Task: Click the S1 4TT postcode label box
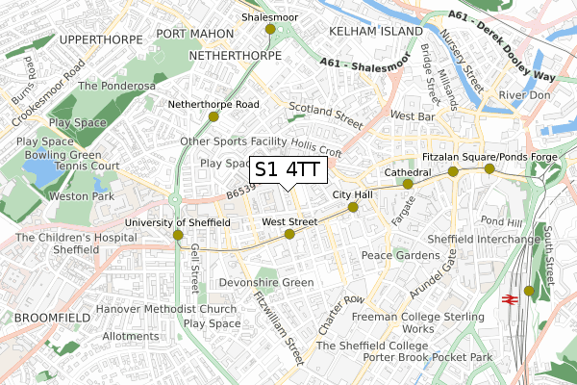click(x=288, y=169)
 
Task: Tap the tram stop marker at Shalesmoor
click(x=269, y=30)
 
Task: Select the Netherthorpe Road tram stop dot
click(x=213, y=116)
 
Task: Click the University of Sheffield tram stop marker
click(x=177, y=234)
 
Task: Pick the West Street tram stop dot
click(x=289, y=234)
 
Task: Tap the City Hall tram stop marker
click(x=352, y=206)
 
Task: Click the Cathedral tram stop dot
click(x=408, y=184)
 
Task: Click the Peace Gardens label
click(x=400, y=255)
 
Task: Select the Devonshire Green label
click(x=266, y=283)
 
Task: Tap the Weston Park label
click(x=81, y=196)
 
